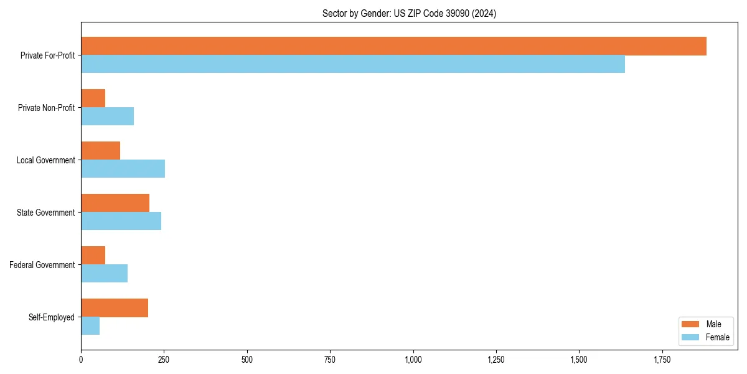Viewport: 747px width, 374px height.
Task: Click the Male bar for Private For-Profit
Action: pos(393,46)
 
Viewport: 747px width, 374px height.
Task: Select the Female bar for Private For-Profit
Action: pos(353,64)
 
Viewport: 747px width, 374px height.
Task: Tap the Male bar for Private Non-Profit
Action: pos(93,98)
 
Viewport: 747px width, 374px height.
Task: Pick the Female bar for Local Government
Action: pos(123,169)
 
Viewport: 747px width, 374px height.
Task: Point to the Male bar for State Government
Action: pos(115,203)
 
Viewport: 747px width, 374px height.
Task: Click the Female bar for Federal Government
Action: pos(104,274)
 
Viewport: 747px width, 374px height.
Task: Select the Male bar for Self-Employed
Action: pos(115,308)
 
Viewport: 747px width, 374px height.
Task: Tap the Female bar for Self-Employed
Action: pos(90,326)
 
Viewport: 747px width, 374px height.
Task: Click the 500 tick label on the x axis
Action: pos(247,360)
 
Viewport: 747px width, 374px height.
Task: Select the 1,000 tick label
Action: pos(413,360)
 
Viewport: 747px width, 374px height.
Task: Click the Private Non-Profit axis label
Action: pos(46,108)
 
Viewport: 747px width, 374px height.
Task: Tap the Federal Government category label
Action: pos(42,265)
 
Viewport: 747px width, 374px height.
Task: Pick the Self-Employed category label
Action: pos(51,317)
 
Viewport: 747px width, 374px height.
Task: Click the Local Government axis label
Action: pos(45,160)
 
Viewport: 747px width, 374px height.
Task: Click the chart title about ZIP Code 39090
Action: pos(409,13)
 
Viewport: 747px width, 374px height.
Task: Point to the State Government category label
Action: pos(45,213)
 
